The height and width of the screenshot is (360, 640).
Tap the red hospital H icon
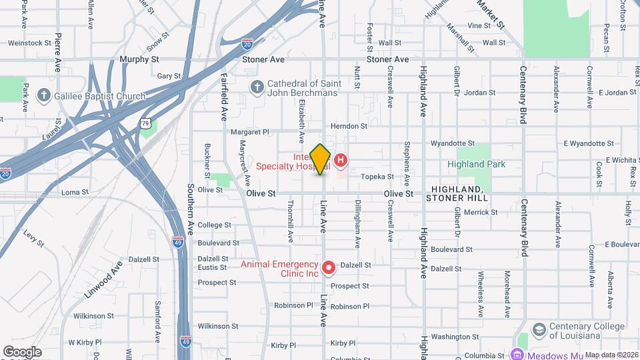click(x=341, y=160)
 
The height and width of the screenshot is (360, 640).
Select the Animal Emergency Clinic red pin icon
click(x=328, y=267)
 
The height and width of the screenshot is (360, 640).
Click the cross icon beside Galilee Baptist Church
click(x=44, y=96)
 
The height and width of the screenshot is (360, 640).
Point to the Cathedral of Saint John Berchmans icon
click(x=257, y=87)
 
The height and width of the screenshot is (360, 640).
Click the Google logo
click(x=22, y=351)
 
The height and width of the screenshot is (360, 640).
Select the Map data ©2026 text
click(x=611, y=355)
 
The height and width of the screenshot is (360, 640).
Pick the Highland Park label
click(x=476, y=164)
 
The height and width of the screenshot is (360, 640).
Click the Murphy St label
click(x=139, y=59)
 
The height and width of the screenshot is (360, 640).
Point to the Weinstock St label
click(x=30, y=43)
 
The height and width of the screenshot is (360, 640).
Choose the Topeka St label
click(x=377, y=177)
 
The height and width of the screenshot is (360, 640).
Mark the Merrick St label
click(x=481, y=212)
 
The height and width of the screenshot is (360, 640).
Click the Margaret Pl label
click(x=249, y=132)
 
